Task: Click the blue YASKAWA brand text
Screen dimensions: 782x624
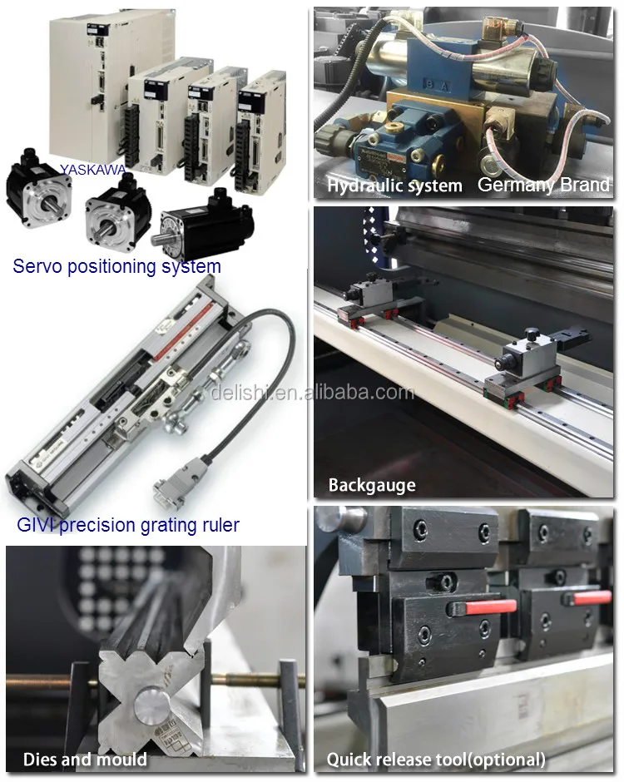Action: pyautogui.click(x=92, y=170)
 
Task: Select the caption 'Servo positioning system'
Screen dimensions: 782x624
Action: pyautogui.click(x=116, y=266)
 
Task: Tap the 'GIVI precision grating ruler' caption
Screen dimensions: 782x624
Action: pyautogui.click(x=128, y=525)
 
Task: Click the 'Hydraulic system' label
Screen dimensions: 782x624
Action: pyautogui.click(x=394, y=186)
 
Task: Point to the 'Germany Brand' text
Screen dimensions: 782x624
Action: pyautogui.click(x=543, y=185)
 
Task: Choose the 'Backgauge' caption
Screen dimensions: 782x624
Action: pyautogui.click(x=371, y=485)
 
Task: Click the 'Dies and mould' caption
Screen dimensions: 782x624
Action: pyautogui.click(x=85, y=759)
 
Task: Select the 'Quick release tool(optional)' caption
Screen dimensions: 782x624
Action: pyautogui.click(x=436, y=759)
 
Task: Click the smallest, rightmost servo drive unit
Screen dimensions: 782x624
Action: pyautogui.click(x=261, y=125)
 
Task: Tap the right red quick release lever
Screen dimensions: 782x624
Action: pyautogui.click(x=592, y=597)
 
